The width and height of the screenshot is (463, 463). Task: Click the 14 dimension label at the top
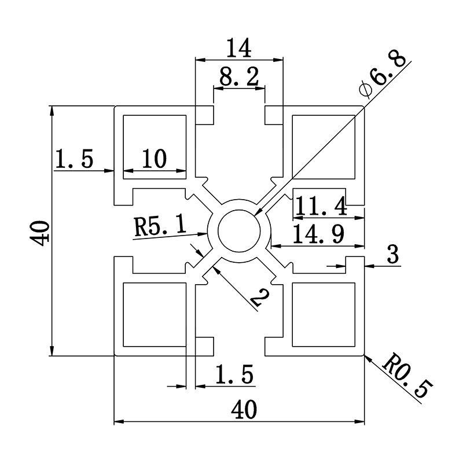(x=239, y=48)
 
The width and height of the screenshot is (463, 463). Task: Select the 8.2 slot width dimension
(x=239, y=76)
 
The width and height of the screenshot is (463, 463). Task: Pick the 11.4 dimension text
(x=320, y=206)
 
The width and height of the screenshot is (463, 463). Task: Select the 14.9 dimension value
(x=318, y=234)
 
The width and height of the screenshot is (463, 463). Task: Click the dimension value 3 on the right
(x=393, y=255)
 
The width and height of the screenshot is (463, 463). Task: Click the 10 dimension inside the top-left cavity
(x=153, y=159)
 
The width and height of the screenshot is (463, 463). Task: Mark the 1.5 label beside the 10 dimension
(x=74, y=159)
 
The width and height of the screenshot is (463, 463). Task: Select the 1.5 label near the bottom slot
(x=234, y=376)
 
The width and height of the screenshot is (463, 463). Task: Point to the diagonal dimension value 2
(x=259, y=297)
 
